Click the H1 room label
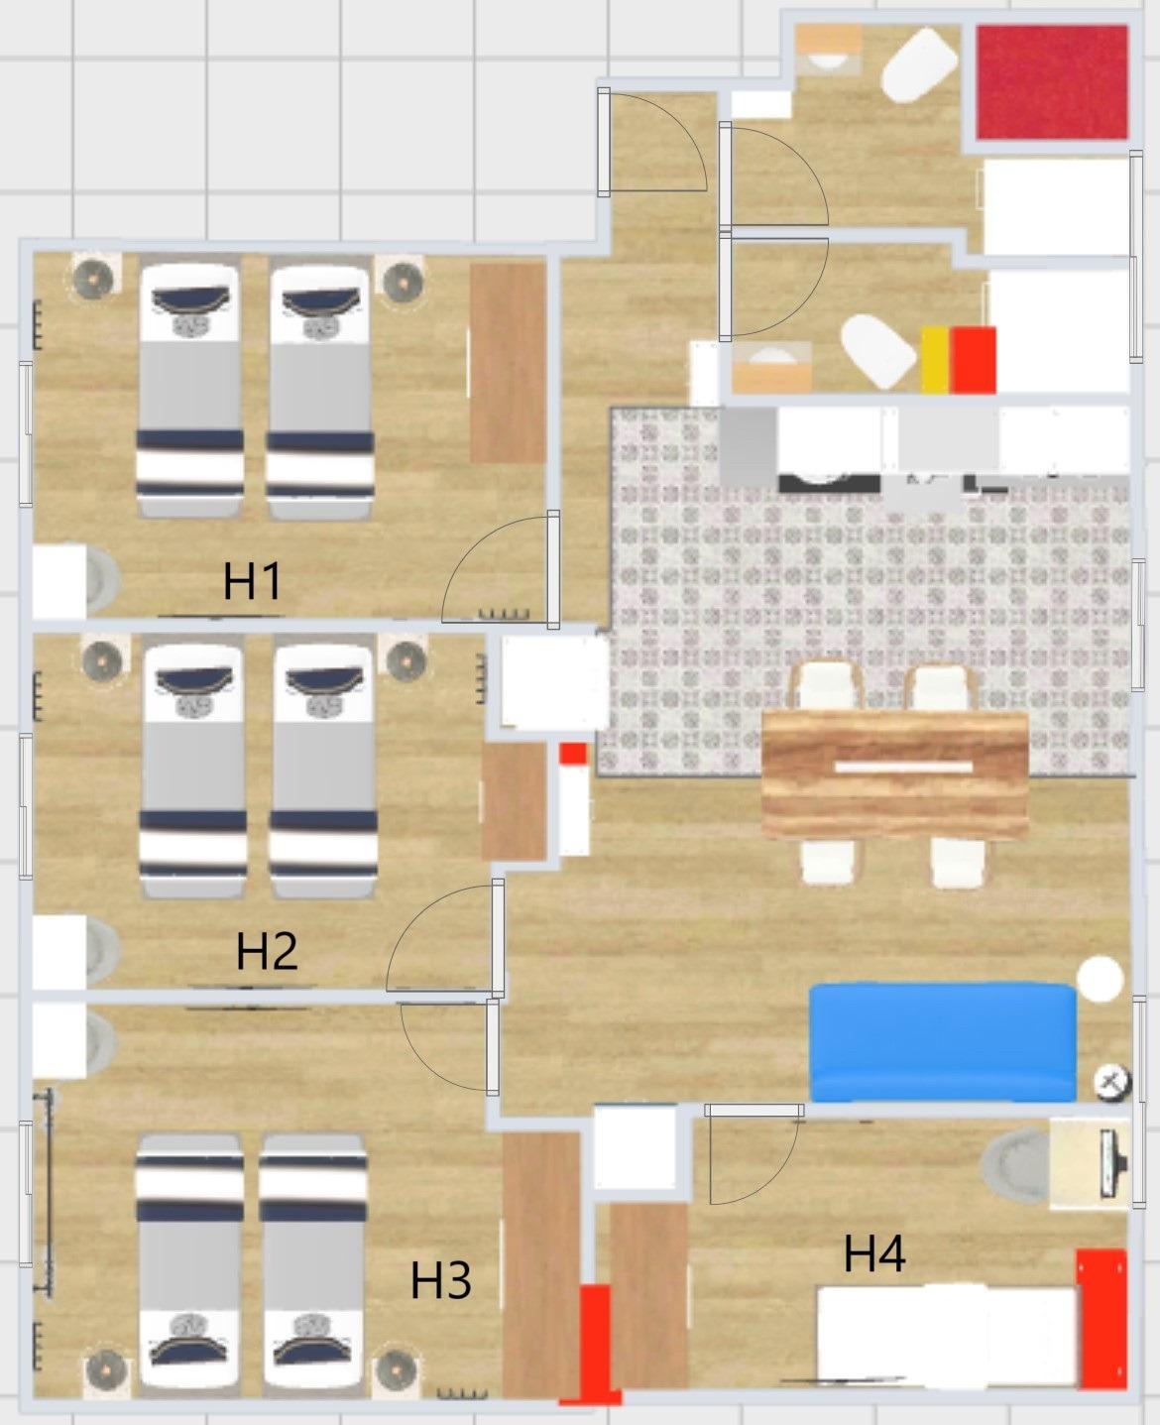pos(252,581)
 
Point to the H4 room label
pos(874,1253)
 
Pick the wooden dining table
pos(895,774)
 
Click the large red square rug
pos(1052,82)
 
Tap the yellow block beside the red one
pos(936,360)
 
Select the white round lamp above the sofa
pos(1100,979)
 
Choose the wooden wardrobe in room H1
pos(508,363)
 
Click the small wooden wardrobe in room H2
pos(515,801)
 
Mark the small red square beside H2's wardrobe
pos(573,754)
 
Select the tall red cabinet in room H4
pos(1102,1318)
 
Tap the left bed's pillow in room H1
pos(190,298)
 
